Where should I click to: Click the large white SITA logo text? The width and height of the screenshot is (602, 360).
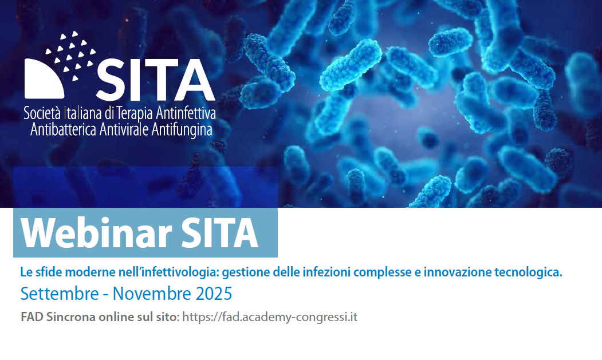pos(155,79)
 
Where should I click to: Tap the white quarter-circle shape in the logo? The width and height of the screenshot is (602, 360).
pos(42,80)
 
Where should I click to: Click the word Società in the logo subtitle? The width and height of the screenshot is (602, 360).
pos(42,113)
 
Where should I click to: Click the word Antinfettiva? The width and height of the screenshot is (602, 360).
pos(186,113)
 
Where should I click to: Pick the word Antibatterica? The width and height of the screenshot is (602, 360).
pos(63,129)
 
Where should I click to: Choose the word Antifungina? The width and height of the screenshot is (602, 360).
pos(182,130)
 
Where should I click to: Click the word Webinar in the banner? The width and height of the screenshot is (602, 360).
pos(96,234)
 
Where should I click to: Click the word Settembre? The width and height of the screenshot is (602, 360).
pos(60,294)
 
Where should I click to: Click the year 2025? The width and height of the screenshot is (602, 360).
pos(214,294)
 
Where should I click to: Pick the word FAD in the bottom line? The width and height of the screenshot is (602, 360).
pos(32,317)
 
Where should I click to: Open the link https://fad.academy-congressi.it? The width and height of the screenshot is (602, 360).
pos(270,318)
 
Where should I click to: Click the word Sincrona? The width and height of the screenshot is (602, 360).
pos(71,317)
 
